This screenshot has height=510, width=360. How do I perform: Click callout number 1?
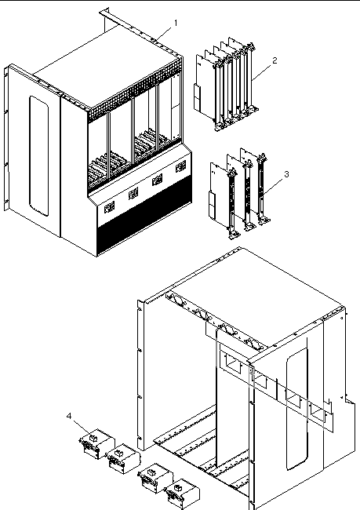click(176, 23)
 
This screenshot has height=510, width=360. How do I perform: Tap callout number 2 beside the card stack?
click(275, 60)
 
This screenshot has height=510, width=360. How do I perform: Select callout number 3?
click(286, 174)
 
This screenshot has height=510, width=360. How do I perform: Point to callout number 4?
click(69, 416)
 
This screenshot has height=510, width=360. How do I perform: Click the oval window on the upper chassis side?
click(39, 155)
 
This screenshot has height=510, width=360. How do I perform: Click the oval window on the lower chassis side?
click(297, 409)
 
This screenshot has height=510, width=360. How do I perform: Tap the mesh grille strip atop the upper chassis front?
click(135, 87)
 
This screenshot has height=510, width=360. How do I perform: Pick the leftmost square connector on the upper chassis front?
click(109, 207)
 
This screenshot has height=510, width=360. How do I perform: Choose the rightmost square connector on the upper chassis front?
click(181, 167)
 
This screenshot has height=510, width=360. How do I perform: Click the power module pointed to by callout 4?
click(97, 443)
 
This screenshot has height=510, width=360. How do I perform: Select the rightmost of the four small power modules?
click(182, 494)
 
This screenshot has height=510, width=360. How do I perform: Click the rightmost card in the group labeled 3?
click(257, 187)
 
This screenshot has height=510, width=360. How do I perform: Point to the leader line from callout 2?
click(261, 72)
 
